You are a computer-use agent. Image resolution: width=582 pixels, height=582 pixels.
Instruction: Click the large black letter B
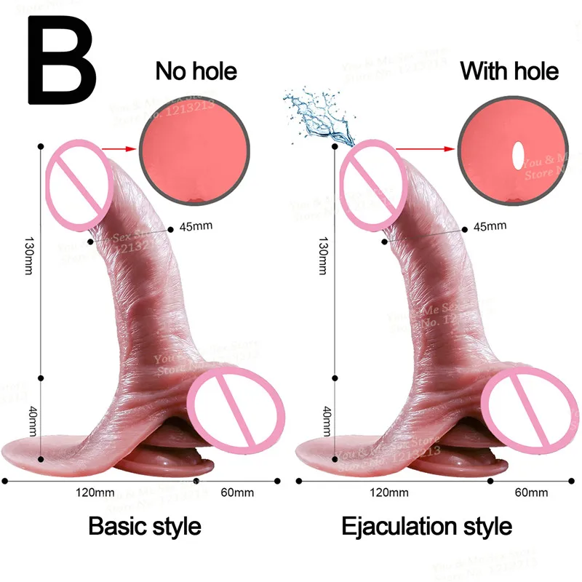(62, 62)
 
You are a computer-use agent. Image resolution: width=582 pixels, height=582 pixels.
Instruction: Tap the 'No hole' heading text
(196, 71)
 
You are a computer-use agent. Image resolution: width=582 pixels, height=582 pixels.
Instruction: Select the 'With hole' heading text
(509, 71)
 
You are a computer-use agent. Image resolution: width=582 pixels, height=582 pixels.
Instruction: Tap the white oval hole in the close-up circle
(517, 154)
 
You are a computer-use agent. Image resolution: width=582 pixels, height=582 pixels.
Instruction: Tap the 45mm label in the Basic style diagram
(196, 226)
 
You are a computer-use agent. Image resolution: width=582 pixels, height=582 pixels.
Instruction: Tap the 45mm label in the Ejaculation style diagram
(489, 226)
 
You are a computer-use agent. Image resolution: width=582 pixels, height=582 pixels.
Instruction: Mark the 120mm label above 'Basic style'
(95, 493)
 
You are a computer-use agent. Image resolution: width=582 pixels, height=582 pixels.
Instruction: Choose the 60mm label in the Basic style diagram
(236, 493)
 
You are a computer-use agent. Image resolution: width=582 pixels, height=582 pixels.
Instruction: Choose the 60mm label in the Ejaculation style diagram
(530, 493)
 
